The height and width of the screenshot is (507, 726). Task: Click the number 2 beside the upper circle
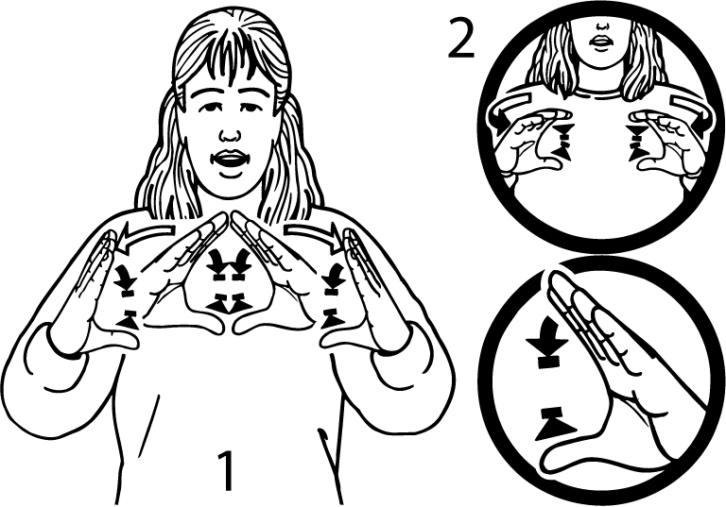point(460,41)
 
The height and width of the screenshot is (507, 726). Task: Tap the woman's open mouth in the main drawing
point(230,161)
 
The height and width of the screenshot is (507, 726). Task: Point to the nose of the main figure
point(230,134)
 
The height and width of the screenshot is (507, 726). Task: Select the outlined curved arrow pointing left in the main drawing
point(146,235)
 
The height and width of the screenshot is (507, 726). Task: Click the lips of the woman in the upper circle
point(602,41)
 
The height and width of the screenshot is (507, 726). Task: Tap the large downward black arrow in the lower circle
point(547,341)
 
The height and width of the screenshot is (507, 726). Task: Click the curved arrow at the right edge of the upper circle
point(690,108)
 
